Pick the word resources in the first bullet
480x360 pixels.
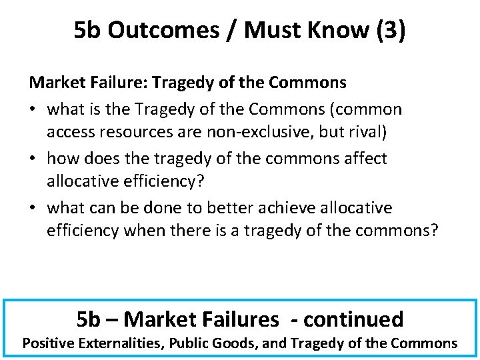131,132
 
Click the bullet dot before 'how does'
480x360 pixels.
33,159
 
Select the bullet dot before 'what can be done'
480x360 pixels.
33,208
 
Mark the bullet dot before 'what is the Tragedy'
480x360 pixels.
33,109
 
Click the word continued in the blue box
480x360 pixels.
353,319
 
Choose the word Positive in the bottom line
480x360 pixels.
48,343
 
